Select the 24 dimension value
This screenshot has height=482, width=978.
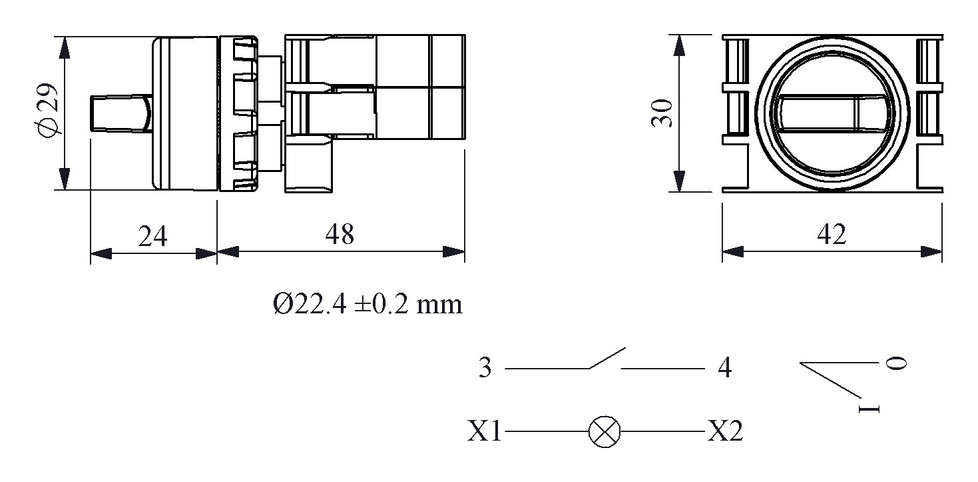[152, 236]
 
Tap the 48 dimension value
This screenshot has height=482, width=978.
[340, 234]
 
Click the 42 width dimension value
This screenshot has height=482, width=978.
[832, 234]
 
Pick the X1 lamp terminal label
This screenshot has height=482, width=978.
[484, 432]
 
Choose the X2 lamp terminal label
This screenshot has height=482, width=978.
[724, 432]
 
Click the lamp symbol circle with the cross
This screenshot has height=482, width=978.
[605, 432]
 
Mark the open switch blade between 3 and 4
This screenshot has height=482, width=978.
[607, 358]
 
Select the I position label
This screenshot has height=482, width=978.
[869, 408]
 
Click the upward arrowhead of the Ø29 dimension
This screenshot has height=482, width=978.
[64, 47]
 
